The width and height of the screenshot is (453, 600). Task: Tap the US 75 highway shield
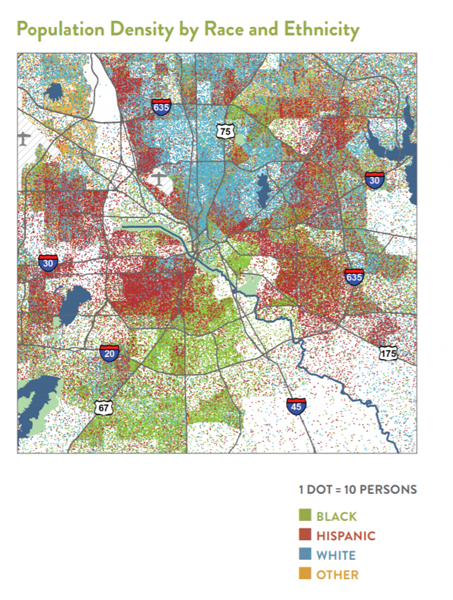[225, 131]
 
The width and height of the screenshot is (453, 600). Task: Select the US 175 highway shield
[388, 354]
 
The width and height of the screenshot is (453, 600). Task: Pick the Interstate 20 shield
[109, 353]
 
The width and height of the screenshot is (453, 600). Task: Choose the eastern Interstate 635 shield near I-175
[354, 277]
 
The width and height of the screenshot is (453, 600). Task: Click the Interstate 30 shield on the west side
[48, 263]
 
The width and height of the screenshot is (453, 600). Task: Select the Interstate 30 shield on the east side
[374, 179]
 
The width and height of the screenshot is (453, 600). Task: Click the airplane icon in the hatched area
[24, 138]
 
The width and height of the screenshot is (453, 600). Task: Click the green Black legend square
[305, 516]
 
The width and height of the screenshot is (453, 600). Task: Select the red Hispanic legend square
[305, 535]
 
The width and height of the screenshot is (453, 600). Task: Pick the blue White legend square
[305, 555]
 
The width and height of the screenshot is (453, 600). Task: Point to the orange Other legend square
[305, 575]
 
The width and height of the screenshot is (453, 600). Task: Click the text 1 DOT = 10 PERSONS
[358, 490]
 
